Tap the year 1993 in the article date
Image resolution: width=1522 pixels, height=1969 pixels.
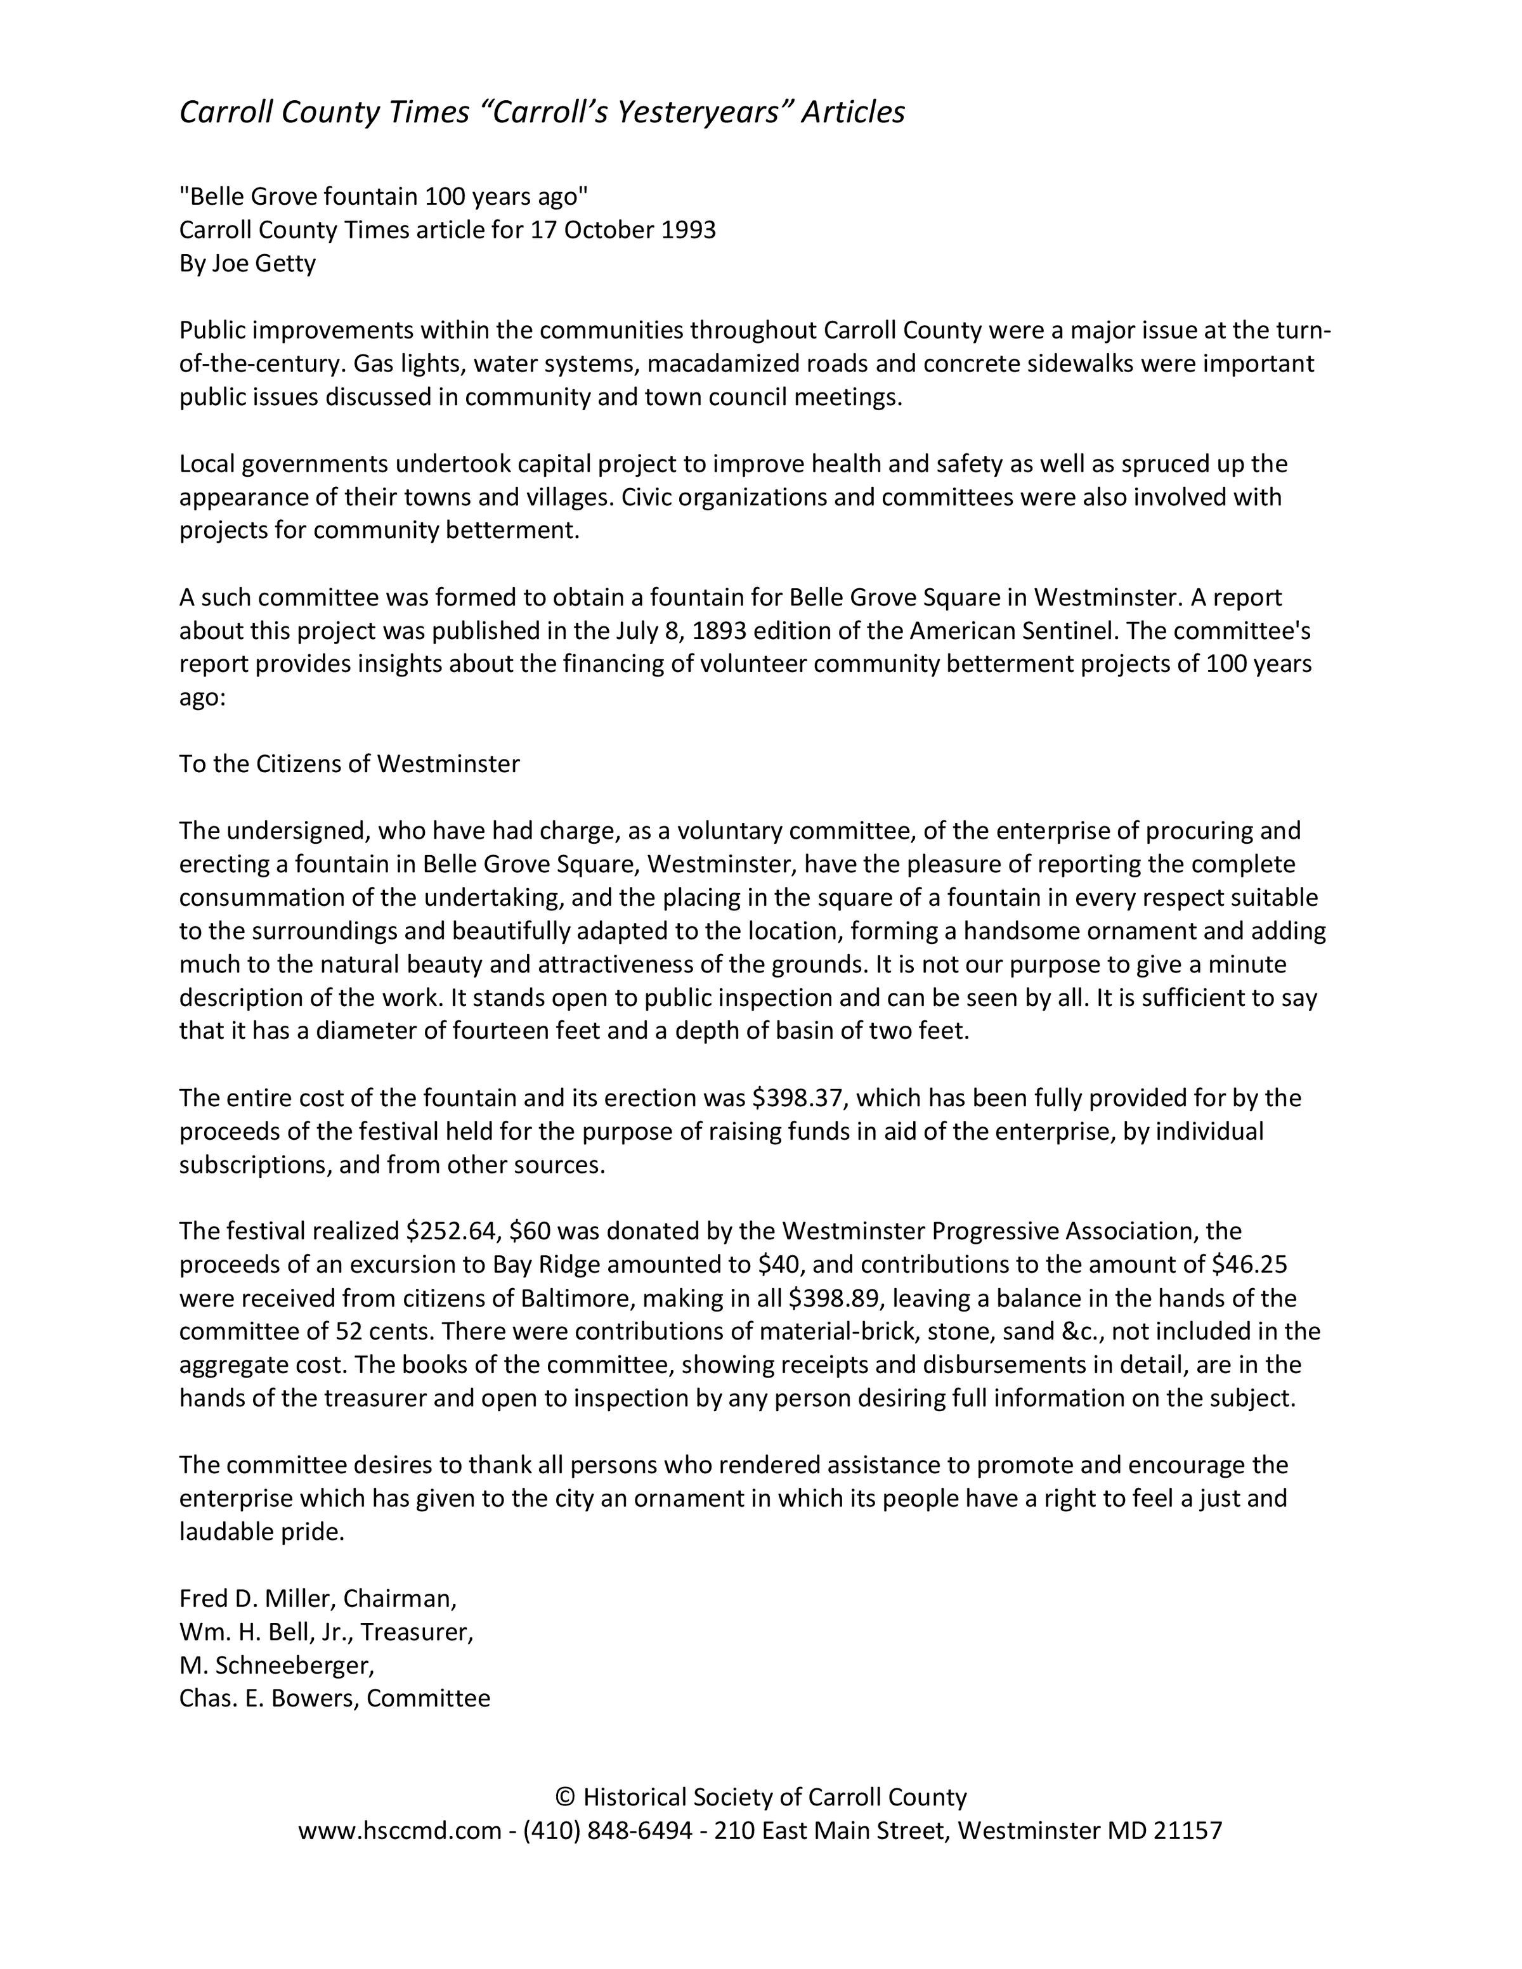pyautogui.click(x=688, y=230)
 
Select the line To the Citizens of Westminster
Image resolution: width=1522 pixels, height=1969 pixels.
pyautogui.click(x=350, y=764)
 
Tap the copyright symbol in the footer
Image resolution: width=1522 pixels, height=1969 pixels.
pyautogui.click(x=564, y=1798)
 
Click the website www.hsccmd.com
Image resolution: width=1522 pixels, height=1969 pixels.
pyautogui.click(x=400, y=1831)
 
